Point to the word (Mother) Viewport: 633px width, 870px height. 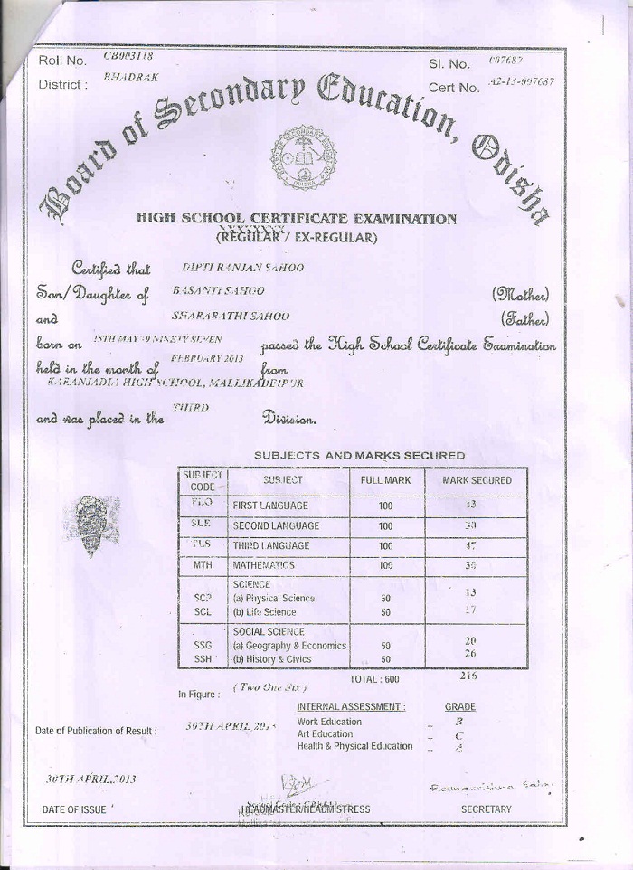(x=521, y=295)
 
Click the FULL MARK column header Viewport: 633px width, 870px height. (x=385, y=481)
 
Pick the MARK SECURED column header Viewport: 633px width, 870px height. (x=477, y=481)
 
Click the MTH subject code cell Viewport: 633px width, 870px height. (x=202, y=564)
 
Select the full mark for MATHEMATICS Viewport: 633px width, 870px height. (x=385, y=565)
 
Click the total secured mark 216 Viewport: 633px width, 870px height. (x=468, y=675)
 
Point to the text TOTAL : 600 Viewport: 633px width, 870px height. (x=373, y=679)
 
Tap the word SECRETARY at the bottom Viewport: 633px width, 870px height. (x=486, y=809)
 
